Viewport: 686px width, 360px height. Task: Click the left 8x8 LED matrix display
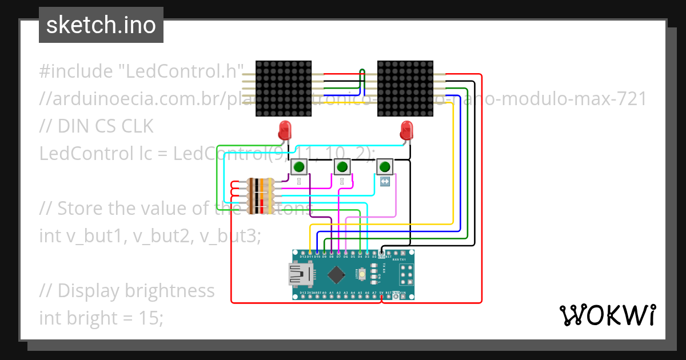coord(284,88)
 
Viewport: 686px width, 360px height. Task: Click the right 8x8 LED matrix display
coord(405,88)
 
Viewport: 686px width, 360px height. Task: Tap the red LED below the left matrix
coord(285,130)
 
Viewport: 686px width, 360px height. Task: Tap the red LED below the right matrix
coord(406,130)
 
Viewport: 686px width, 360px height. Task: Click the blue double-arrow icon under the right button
coord(385,182)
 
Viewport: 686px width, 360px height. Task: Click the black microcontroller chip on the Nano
coord(336,275)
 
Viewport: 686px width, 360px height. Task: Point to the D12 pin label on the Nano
coord(302,257)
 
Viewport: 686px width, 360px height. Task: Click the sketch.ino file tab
coord(101,25)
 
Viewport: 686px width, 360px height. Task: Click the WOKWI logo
coord(607,315)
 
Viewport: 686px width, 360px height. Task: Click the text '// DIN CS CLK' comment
coord(96,126)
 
